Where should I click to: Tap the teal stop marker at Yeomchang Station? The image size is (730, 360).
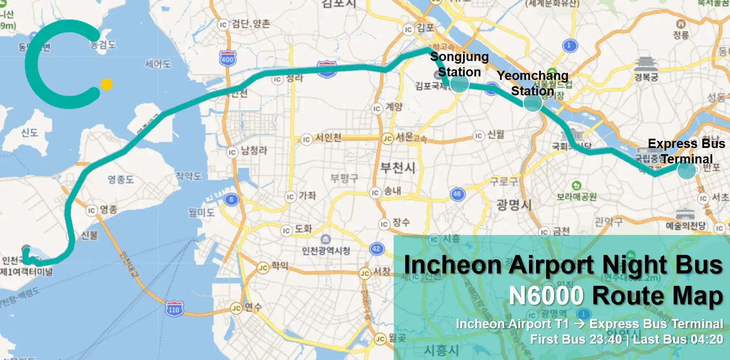click(532, 103)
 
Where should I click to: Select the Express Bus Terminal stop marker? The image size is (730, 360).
click(686, 170)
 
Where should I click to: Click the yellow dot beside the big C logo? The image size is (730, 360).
click(106, 84)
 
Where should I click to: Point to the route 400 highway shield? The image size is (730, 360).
click(228, 59)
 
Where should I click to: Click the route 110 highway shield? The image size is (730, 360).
click(174, 309)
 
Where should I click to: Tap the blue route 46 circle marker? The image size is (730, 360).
click(457, 194)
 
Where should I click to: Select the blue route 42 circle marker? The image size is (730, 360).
click(376, 249)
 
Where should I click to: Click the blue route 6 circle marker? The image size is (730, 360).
click(231, 200)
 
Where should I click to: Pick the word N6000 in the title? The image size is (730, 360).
click(546, 296)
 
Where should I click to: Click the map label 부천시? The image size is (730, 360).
click(398, 168)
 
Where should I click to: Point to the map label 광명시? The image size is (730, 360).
click(513, 205)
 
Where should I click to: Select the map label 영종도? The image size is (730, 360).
click(121, 179)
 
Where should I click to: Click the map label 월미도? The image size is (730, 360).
click(202, 212)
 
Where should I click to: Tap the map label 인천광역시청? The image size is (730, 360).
click(326, 251)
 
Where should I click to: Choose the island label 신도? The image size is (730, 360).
click(30, 133)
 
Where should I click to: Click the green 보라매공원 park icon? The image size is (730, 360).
click(576, 186)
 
